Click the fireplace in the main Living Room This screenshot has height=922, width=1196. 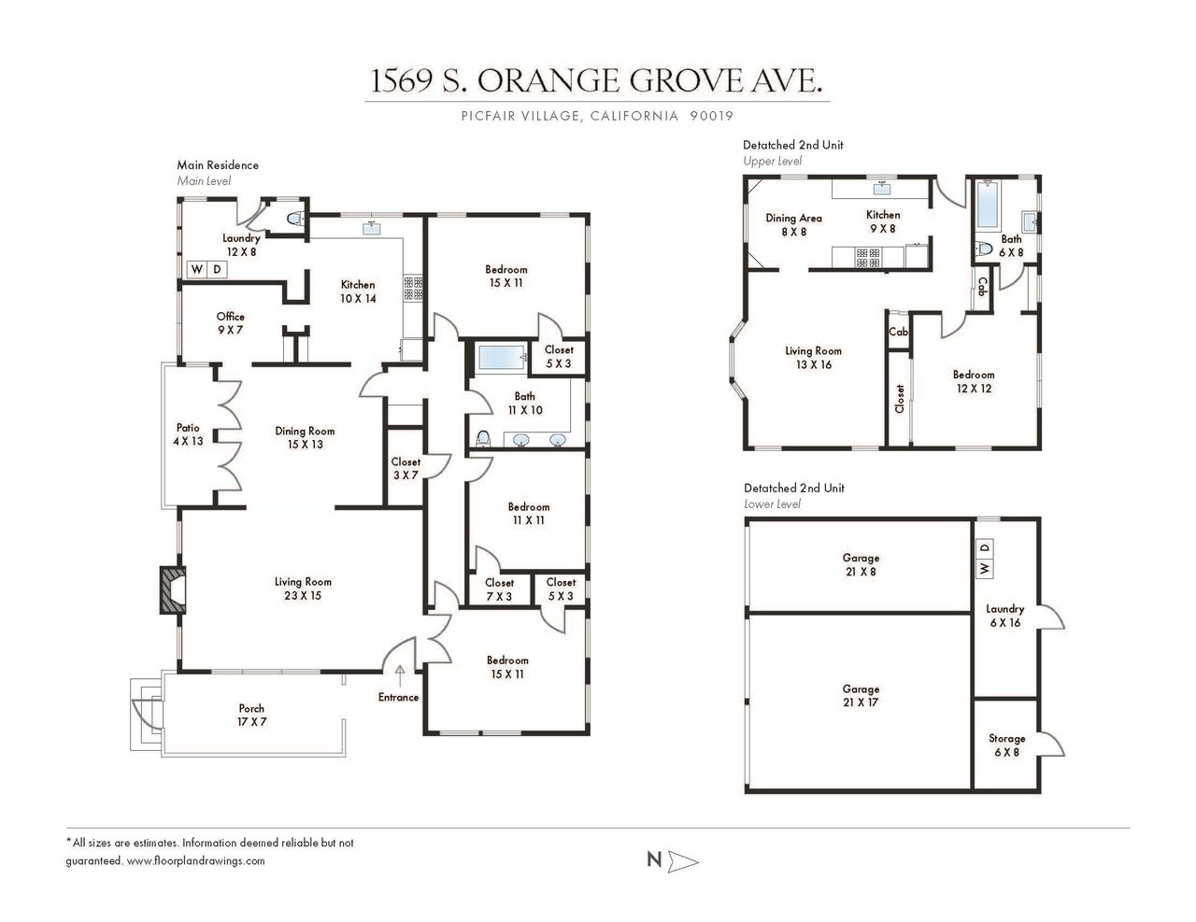click(x=172, y=589)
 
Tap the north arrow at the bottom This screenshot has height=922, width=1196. click(x=683, y=861)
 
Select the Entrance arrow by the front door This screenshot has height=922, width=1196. click(x=400, y=676)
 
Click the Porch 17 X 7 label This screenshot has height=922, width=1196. click(x=251, y=716)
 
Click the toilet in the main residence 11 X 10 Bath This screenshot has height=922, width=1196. click(x=483, y=439)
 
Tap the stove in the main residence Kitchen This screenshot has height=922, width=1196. click(x=413, y=288)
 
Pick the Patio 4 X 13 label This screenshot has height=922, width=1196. click(x=188, y=434)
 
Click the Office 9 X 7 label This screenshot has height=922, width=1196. click(x=230, y=323)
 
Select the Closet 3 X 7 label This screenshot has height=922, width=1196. click(x=406, y=469)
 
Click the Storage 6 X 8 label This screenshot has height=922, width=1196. click(x=1006, y=745)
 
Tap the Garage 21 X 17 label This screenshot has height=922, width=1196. click(x=861, y=695)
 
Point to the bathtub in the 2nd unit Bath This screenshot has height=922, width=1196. click(x=988, y=205)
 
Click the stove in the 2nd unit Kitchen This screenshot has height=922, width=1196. click(x=868, y=258)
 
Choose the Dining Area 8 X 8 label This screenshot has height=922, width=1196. click(x=793, y=225)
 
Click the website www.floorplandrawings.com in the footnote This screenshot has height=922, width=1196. click(x=195, y=861)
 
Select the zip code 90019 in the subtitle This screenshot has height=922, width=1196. click(x=712, y=116)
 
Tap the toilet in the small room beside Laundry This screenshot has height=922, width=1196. click(x=295, y=219)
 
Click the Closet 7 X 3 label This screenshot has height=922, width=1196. click(x=499, y=589)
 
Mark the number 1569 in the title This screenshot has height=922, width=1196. click(x=401, y=81)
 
